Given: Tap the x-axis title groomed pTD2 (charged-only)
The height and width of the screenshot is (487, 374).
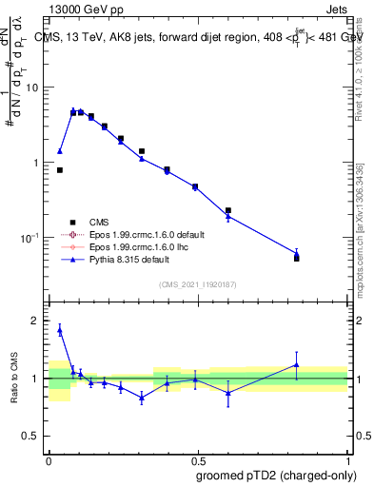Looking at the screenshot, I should coord(276,474).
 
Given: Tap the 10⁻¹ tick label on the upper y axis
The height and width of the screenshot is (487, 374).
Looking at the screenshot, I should coord(31,237).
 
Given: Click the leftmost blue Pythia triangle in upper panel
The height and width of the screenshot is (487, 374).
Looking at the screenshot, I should coord(60,150).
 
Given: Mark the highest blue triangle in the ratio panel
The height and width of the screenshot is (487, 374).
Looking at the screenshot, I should coord(60,330).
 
